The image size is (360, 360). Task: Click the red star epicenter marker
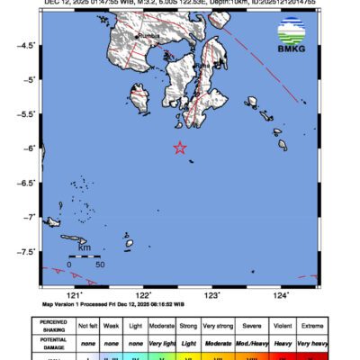pos(179,148)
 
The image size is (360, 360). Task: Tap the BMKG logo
pos(290,43)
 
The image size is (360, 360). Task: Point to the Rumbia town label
pos(146,36)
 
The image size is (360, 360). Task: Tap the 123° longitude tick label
pos(212,294)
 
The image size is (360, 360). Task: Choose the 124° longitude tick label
pos(281,294)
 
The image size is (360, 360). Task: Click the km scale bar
pos(85,257)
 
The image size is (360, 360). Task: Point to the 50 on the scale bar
pos(100,265)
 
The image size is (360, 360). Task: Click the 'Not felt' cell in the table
pos(88,327)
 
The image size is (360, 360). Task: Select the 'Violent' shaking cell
pos(281,327)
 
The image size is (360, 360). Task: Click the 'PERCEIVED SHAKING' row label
pos(58,327)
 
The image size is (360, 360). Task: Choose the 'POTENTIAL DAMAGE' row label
pos(58,344)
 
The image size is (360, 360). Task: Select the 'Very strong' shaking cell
pos(215,327)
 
